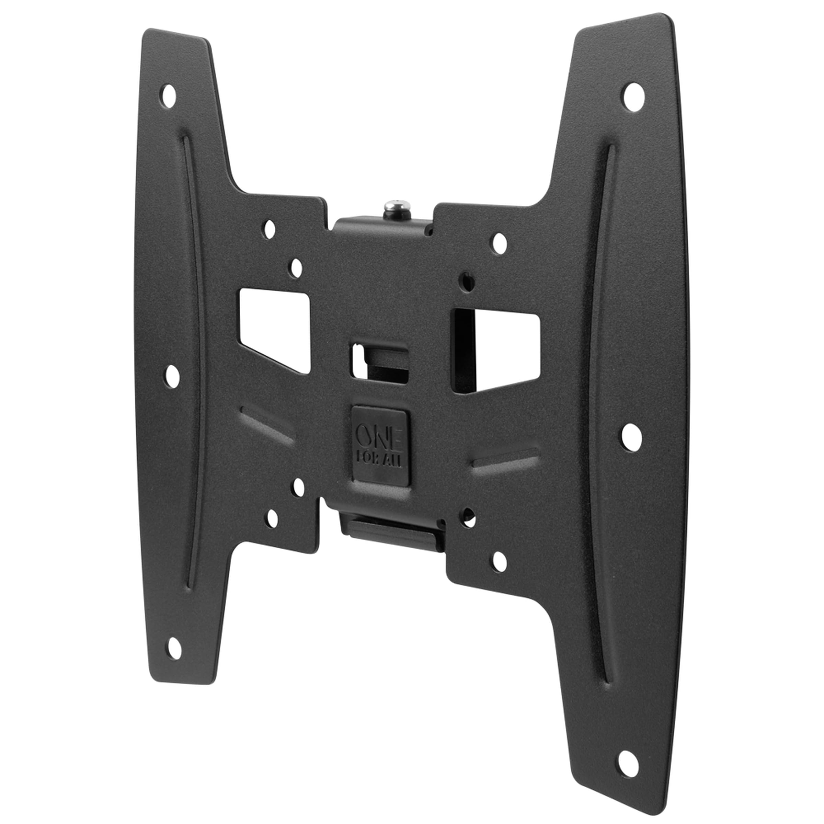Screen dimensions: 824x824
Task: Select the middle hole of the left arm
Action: pos(172,376)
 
